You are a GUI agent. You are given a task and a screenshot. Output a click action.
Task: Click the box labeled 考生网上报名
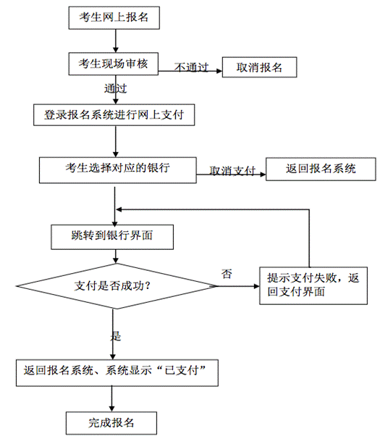coord(114,17)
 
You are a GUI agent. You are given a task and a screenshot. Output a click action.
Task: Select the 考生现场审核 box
coord(114,64)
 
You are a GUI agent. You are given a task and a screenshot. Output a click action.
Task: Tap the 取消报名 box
coord(259,67)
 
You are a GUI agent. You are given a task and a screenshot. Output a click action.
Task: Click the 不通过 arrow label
coord(192,67)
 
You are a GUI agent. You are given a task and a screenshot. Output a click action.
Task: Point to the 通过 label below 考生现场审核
coord(116,88)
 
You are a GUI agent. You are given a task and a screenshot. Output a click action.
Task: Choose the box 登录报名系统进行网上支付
coord(114,114)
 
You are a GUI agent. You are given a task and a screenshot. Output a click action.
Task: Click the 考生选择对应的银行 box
coord(118,170)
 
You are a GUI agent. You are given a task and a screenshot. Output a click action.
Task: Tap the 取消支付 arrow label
coord(232,170)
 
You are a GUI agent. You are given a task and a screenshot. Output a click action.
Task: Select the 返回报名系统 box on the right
coord(321,169)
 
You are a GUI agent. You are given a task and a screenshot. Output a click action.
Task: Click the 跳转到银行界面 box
coord(112,237)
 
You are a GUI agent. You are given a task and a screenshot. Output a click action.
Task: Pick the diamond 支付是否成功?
coord(117,286)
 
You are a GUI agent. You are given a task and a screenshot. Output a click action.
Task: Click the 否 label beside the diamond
coord(227,274)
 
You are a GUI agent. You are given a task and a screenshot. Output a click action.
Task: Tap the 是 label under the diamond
coord(116,335)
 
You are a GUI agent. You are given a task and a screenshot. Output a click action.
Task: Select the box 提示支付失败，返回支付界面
coord(313,285)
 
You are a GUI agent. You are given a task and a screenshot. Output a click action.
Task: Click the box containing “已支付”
coord(117,373)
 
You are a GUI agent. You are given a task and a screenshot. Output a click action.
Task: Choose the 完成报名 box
coord(111,423)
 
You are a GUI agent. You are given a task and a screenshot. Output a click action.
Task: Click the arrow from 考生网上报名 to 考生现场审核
coord(116,41)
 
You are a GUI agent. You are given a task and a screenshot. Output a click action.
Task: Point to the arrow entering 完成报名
coord(112,399)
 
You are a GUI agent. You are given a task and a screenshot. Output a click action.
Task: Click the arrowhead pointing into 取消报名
coord(219,71)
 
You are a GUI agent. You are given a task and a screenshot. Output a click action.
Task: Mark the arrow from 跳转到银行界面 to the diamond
coord(116,256)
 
